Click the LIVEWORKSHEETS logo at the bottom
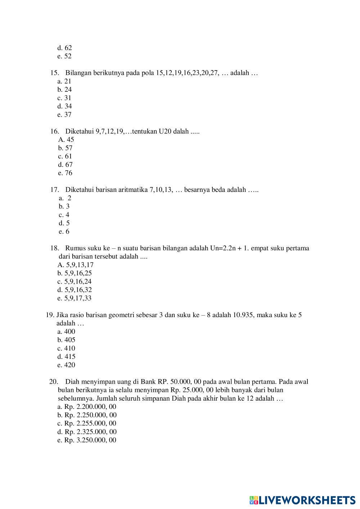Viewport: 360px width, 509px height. (x=302, y=500)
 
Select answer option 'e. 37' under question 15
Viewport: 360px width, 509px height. (x=64, y=114)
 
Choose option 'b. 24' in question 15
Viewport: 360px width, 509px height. (x=64, y=90)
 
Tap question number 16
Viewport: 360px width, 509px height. (x=54, y=131)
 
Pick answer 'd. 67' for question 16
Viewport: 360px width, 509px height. (x=65, y=165)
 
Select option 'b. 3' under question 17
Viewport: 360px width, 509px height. (x=64, y=206)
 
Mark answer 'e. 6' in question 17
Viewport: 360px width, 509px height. (x=64, y=231)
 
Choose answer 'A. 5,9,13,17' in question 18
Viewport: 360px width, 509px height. (x=76, y=265)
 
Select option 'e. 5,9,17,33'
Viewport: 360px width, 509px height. (x=75, y=298)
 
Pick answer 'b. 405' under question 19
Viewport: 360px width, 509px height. (x=66, y=340)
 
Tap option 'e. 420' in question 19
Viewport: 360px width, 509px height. (x=66, y=365)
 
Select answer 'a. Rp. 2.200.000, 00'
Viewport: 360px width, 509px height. (x=87, y=407)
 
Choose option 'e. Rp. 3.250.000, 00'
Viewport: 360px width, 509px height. (x=87, y=440)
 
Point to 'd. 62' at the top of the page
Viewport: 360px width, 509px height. (x=65, y=48)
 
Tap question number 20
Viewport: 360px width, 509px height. (x=53, y=382)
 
